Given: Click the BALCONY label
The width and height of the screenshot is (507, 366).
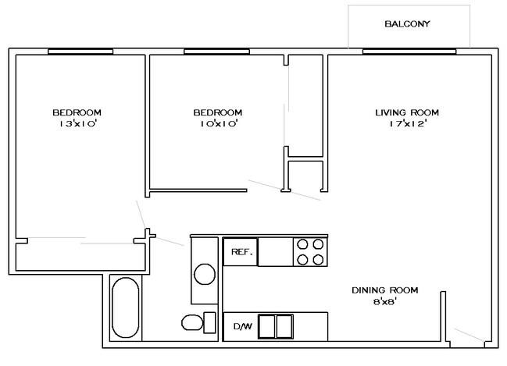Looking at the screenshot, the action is (407, 24).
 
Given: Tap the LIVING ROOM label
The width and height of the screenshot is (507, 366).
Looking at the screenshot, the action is (407, 112).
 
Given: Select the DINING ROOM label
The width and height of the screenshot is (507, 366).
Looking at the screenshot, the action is (385, 290).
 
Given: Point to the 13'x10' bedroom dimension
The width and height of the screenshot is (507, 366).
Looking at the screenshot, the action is (78, 123).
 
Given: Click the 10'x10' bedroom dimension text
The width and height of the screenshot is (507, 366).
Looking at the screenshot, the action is (220, 123).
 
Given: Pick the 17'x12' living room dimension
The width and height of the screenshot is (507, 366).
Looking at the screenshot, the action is (409, 123).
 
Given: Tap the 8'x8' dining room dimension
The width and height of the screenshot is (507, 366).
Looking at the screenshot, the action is (385, 302).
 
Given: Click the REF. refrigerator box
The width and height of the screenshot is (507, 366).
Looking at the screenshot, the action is (241, 252).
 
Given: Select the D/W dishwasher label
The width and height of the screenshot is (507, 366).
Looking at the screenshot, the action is (243, 326).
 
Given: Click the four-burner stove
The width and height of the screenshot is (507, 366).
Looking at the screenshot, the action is (310, 252).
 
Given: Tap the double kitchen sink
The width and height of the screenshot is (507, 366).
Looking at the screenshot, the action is (276, 326).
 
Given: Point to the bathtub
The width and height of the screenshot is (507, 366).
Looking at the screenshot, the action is (126, 307).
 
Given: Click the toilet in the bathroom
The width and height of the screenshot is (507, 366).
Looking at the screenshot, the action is (198, 323).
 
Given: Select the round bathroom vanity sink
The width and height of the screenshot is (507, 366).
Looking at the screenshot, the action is (205, 274).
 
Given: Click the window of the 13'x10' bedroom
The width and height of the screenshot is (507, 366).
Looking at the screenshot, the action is (80, 52).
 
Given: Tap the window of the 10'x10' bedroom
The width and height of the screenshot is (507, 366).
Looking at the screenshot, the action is (216, 52).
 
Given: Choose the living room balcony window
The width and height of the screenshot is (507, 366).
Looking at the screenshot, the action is (409, 52).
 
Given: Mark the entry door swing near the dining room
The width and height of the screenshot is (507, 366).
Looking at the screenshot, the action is (470, 335).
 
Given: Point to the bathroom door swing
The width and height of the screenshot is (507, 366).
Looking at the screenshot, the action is (170, 242).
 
